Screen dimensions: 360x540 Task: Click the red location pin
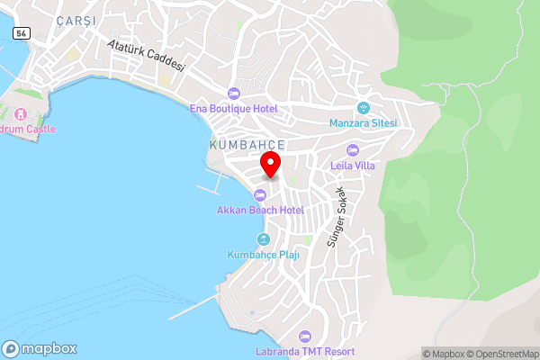pyautogui.click(x=270, y=165)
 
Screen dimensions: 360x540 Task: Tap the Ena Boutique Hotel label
pyautogui.click(x=234, y=109)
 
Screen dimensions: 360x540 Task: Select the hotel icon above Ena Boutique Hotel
pyautogui.click(x=234, y=94)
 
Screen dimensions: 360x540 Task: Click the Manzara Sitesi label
pyautogui.click(x=364, y=123)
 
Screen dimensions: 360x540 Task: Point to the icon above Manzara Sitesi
pyautogui.click(x=364, y=108)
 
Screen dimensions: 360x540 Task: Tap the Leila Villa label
pyautogui.click(x=353, y=165)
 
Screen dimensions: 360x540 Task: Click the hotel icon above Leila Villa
pyautogui.click(x=353, y=149)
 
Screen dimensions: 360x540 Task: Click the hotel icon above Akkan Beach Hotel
pyautogui.click(x=260, y=194)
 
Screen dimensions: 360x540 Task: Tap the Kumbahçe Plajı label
pyautogui.click(x=263, y=255)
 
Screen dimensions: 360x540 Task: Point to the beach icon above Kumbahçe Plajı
pyautogui.click(x=263, y=239)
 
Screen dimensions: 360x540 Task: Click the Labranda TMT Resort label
pyautogui.click(x=304, y=351)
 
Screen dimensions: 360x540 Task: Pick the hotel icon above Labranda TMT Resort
pyautogui.click(x=304, y=336)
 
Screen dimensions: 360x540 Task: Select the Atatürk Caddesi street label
pyautogui.click(x=145, y=55)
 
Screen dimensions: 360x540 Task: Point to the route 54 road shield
pyautogui.click(x=20, y=32)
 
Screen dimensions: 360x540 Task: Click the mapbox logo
pyautogui.click(x=40, y=348)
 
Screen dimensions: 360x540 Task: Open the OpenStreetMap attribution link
pyautogui.click(x=500, y=354)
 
